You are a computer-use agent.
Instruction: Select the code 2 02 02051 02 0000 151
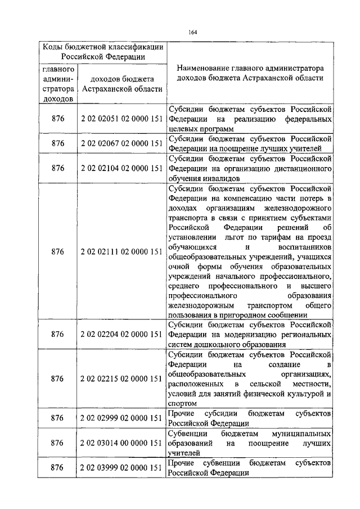click(x=122, y=119)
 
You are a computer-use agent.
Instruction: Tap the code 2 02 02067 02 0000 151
click(x=122, y=143)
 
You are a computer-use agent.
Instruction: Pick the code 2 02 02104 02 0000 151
click(x=122, y=168)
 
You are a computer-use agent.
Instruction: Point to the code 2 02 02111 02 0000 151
click(x=122, y=251)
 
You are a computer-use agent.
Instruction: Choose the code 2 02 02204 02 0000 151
click(x=122, y=334)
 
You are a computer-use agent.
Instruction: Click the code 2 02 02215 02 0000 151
click(x=122, y=379)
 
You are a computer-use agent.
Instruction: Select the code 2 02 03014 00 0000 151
click(x=122, y=443)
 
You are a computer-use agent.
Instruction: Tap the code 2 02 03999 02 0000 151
click(x=122, y=467)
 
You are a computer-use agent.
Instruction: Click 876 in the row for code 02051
click(x=58, y=119)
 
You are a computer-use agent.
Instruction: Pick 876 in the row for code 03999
click(x=58, y=467)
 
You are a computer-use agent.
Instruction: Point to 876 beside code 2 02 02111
click(x=58, y=251)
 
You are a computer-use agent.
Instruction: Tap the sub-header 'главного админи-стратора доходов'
click(x=58, y=84)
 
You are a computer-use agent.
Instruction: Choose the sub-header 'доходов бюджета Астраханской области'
click(x=122, y=84)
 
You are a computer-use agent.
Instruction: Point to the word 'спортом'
click(x=181, y=403)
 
